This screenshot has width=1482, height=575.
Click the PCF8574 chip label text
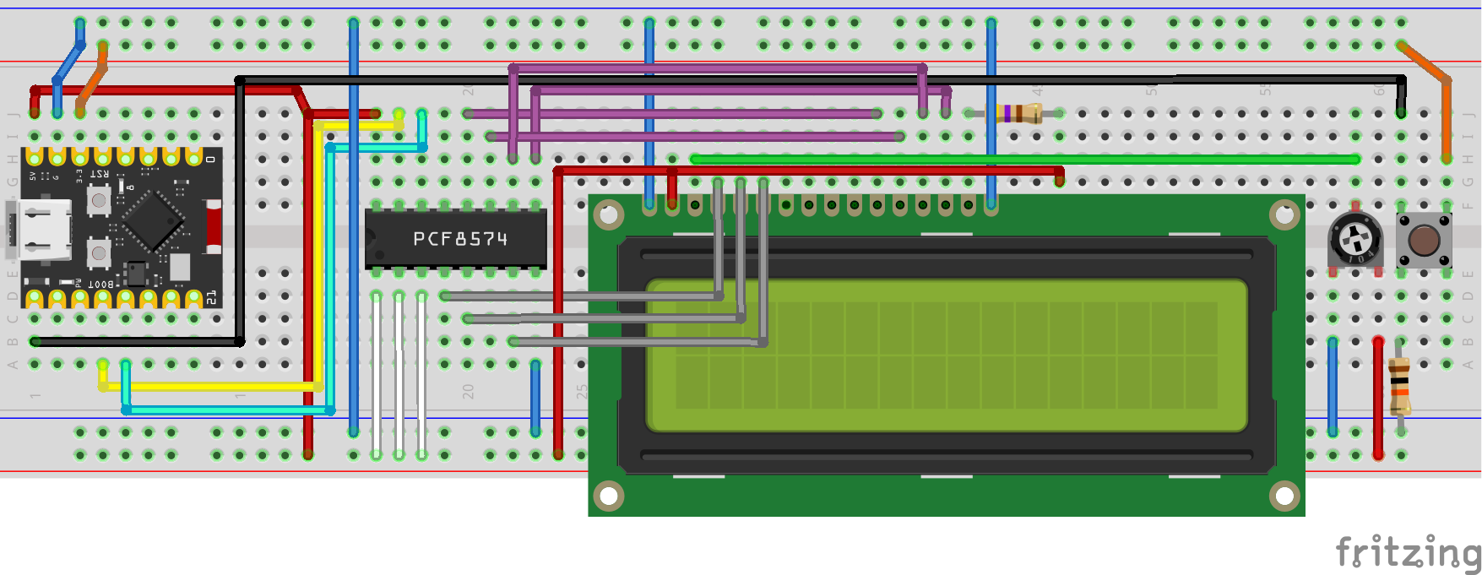pos(460,240)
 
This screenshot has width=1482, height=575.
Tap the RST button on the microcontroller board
pos(99,200)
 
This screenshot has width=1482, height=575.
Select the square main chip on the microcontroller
pos(153,220)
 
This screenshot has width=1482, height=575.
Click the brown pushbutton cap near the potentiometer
pos(1424,241)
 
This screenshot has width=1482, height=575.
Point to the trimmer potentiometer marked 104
pos(1355,240)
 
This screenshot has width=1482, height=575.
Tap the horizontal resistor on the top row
pos(1018,113)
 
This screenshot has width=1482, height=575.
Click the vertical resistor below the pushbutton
pos(1399,387)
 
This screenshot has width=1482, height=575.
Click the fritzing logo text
pos(1406,553)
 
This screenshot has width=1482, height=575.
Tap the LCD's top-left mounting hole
pos(609,215)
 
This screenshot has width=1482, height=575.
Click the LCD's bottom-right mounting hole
pos(1284,496)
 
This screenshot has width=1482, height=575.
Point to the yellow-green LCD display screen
pos(946,355)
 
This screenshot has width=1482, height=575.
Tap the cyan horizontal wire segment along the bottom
pos(228,410)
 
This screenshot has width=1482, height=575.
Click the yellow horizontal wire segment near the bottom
pos(211,387)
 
